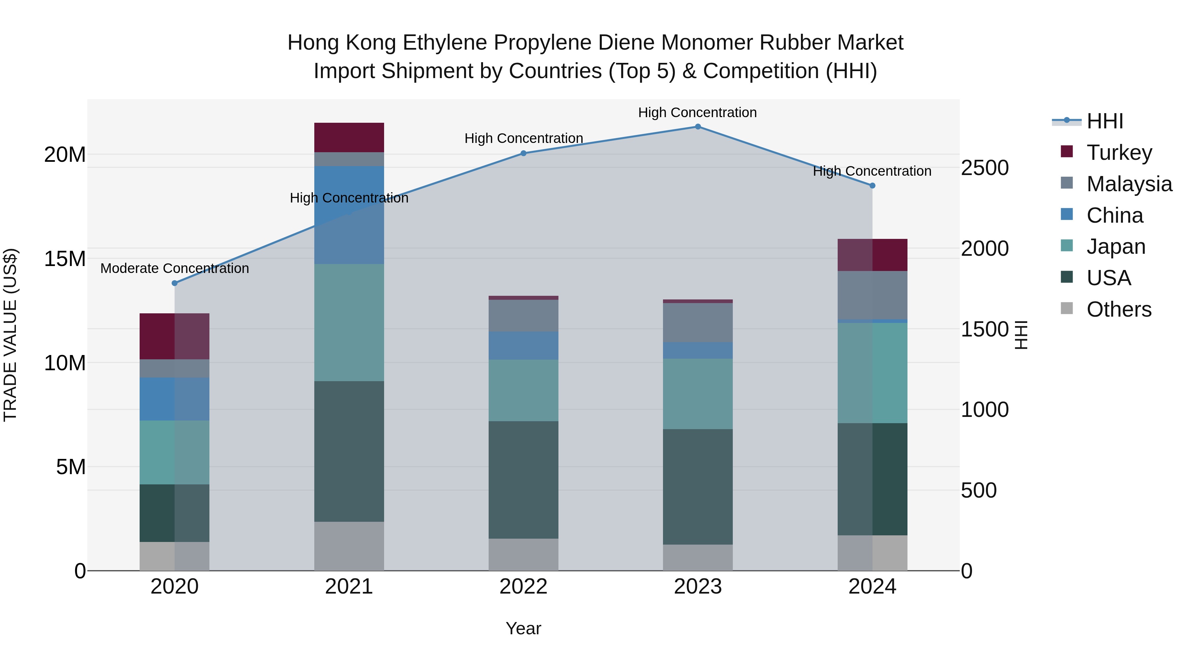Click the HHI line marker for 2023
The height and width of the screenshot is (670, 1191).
698,127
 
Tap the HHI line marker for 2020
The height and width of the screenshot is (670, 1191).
174,283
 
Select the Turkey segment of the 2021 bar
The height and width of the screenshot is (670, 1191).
349,137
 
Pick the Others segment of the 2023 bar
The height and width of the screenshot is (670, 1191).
698,557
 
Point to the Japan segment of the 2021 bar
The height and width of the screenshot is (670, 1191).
349,322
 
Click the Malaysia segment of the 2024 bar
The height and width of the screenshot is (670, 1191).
872,295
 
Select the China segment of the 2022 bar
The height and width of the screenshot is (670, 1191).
523,345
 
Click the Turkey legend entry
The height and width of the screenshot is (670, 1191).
1119,153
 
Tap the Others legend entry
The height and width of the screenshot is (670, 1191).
1119,309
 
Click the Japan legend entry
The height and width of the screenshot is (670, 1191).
1116,246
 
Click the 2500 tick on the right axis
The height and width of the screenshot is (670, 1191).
984,168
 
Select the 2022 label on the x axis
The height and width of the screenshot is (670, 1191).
523,587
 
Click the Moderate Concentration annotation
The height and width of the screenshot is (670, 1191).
174,268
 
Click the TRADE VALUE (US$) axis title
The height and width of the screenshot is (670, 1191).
10,335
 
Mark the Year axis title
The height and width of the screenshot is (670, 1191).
523,628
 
